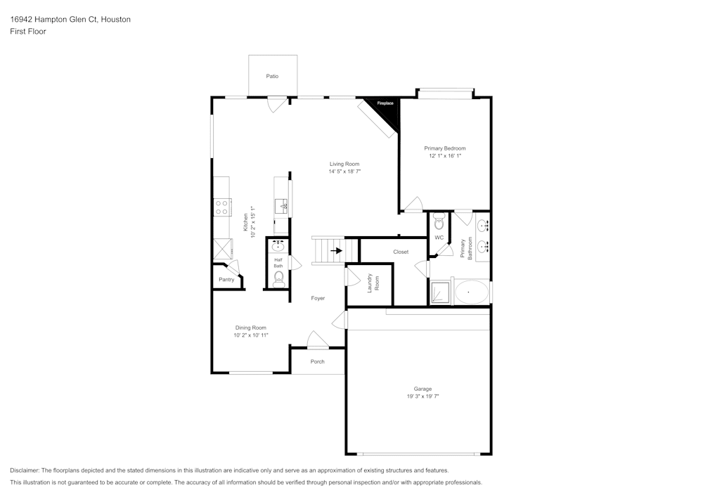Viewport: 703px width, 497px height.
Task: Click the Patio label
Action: coord(272,76)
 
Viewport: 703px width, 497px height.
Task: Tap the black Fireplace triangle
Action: coord(387,109)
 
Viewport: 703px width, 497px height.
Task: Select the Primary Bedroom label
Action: coord(444,148)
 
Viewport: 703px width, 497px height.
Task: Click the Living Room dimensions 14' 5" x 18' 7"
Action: coord(344,172)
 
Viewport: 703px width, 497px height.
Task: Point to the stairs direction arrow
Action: coord(336,250)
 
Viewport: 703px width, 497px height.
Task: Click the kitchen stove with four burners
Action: coord(222,207)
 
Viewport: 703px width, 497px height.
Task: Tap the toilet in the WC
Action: coord(439,224)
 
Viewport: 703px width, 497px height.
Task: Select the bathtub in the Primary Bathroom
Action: coord(471,292)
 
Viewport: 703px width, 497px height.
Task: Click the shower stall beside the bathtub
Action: coord(441,292)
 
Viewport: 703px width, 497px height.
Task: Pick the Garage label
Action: coord(423,389)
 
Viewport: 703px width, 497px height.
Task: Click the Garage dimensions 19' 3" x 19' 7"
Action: coord(423,396)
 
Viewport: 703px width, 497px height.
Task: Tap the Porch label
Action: coord(318,361)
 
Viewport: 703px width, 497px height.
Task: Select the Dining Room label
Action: coord(251,328)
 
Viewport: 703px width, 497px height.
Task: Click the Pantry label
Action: coord(226,280)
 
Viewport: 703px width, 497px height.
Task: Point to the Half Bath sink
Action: coord(278,245)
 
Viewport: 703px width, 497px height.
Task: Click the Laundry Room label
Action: coord(373,283)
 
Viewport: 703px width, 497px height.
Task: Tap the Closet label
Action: coord(401,252)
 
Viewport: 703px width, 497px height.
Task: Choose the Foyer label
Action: coord(318,298)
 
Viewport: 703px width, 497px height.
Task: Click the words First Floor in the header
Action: coord(28,32)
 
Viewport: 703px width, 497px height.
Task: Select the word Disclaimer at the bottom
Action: coord(25,470)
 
